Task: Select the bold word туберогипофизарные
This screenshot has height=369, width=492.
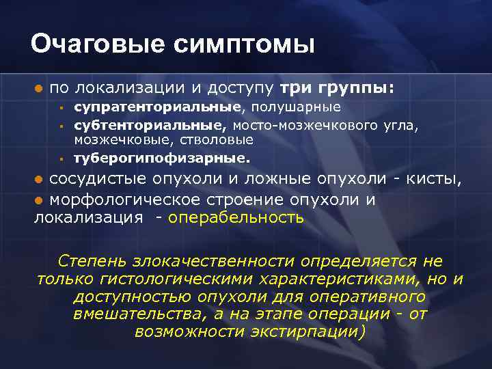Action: [161, 158]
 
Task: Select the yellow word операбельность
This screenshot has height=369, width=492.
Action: [236, 219]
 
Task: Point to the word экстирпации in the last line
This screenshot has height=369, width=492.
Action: [304, 333]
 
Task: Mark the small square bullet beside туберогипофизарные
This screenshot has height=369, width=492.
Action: [61, 159]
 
